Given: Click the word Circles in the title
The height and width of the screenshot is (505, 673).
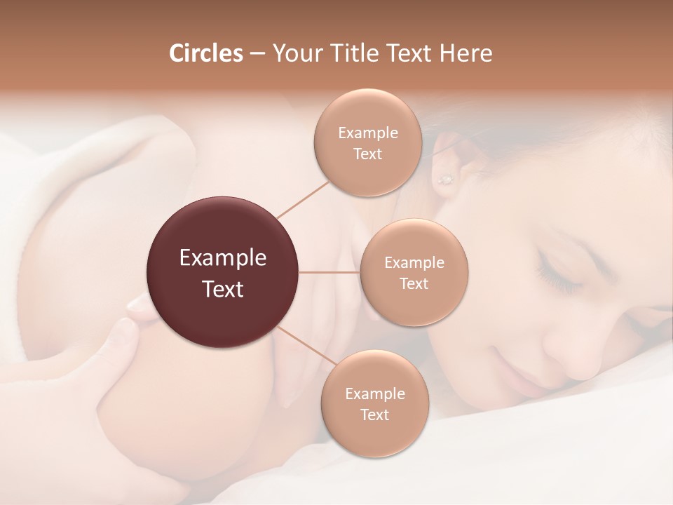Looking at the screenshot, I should [x=205, y=53].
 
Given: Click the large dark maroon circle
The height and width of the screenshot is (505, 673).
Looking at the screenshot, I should [x=223, y=273].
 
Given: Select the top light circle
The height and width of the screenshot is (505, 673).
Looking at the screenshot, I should [x=367, y=143].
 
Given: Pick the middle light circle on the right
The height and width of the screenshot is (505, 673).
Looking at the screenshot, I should [x=414, y=273].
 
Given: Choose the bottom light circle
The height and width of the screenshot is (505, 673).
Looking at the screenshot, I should [x=374, y=404].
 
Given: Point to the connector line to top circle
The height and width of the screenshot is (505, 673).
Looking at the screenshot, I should [x=303, y=198].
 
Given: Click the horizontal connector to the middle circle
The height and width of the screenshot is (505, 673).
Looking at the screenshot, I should [x=329, y=272].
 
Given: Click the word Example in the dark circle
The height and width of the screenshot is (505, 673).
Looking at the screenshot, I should [x=223, y=258].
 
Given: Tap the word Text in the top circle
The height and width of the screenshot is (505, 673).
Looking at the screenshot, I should [x=367, y=154].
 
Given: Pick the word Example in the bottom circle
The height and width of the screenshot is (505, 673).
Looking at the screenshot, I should [x=374, y=393].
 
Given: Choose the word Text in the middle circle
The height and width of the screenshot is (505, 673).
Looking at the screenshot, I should [x=414, y=284].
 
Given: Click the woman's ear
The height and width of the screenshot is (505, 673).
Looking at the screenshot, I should [x=449, y=158].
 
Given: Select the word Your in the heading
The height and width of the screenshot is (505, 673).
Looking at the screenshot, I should [x=293, y=53].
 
